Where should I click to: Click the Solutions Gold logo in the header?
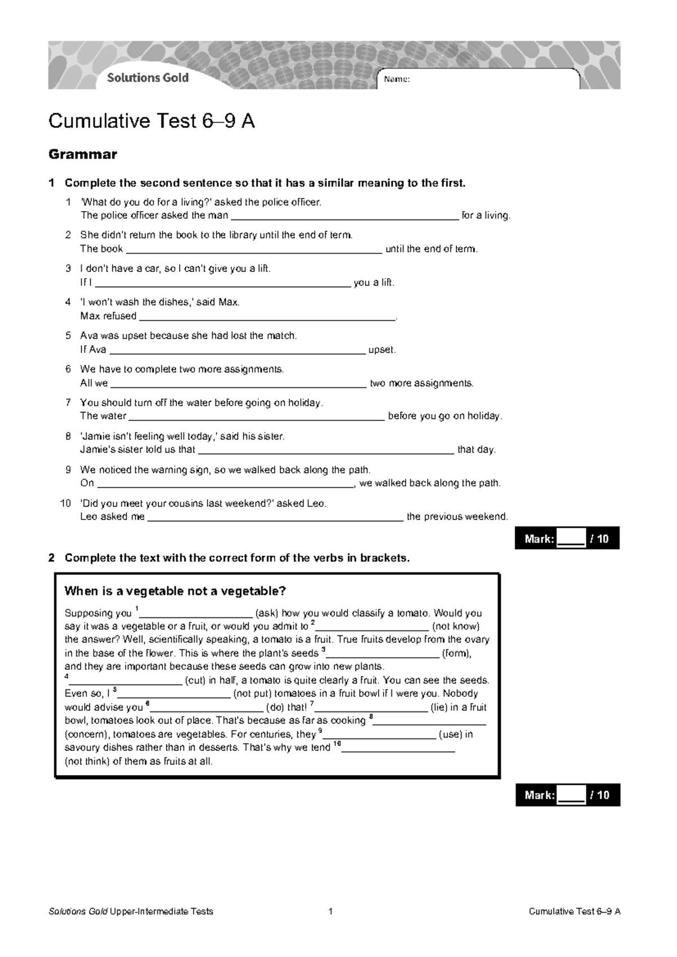148,78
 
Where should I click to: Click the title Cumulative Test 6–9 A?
151,121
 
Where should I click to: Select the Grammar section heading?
83,154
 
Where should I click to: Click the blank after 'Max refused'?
266,317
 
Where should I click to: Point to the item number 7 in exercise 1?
68,403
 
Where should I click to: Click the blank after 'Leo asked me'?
275,517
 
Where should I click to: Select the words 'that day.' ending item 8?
476,450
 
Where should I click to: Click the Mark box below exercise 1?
567,539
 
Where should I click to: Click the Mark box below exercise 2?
567,795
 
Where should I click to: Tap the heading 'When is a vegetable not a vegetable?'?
175,591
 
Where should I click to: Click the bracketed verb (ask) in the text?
267,613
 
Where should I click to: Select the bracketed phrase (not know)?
455,626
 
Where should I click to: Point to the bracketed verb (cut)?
196,681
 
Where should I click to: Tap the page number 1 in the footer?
331,911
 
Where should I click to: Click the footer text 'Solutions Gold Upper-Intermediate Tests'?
131,911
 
